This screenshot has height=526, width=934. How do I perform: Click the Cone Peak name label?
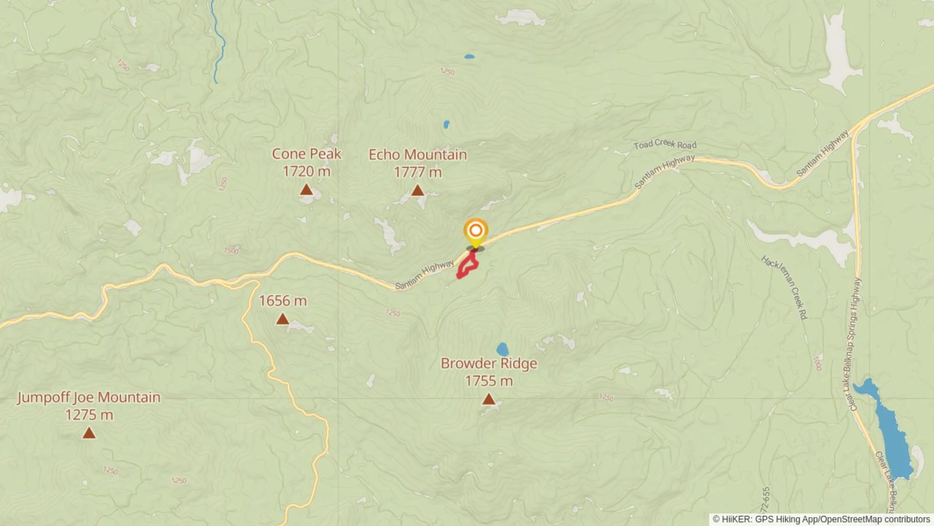tap(306, 154)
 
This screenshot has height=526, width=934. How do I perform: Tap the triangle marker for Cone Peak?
tap(306, 189)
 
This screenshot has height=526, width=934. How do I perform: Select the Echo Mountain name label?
tap(417, 155)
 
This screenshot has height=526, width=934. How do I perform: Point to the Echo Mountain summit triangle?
tap(417, 190)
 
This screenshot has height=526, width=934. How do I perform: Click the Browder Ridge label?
tap(488, 364)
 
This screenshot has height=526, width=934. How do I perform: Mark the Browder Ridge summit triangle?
tap(488, 399)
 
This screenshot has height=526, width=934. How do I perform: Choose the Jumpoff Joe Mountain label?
tap(89, 397)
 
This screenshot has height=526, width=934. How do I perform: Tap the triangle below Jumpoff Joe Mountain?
tap(89, 433)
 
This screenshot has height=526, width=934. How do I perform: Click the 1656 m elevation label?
tap(283, 301)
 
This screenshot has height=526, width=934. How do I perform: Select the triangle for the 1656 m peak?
tap(283, 319)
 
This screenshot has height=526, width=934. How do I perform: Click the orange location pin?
tap(475, 231)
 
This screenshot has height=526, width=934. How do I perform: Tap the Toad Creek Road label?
tap(665, 144)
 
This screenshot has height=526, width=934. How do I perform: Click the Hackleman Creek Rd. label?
tap(784, 287)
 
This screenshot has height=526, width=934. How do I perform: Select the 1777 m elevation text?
tap(417, 172)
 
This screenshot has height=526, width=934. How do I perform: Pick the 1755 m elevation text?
tap(488, 381)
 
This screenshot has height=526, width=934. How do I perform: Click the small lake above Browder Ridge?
tap(503, 349)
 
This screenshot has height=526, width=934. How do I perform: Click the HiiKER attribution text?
tap(821, 519)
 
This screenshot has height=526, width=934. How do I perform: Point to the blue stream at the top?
tap(219, 44)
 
